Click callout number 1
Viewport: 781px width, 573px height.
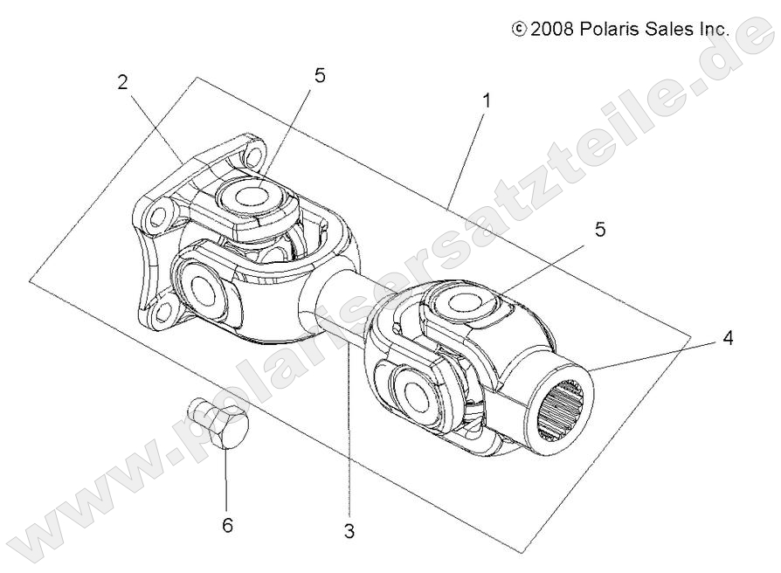tap(487, 100)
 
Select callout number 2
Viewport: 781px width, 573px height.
tap(123, 83)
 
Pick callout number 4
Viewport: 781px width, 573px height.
tap(727, 339)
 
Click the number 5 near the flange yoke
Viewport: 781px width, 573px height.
tap(320, 75)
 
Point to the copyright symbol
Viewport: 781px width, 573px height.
tap(520, 29)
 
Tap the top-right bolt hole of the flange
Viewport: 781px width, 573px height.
tap(253, 158)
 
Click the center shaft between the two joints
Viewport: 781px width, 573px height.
tap(336, 301)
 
